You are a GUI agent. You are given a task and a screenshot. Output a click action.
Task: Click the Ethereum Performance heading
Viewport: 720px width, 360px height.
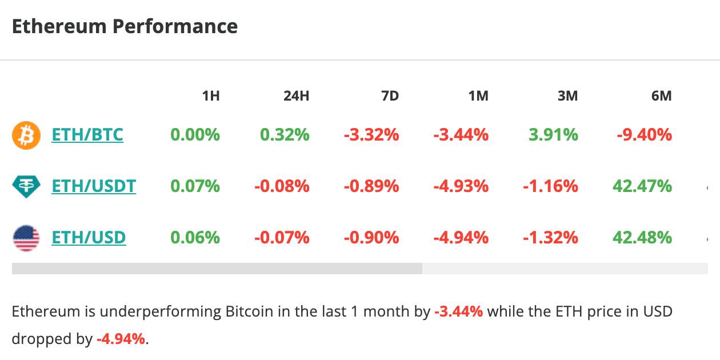click(x=125, y=27)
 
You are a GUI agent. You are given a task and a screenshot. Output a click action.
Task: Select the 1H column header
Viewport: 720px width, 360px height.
click(x=211, y=96)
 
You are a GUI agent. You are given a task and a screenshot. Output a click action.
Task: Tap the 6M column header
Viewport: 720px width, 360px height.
click(x=661, y=96)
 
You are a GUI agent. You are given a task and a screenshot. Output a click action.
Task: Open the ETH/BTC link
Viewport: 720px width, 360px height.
click(x=87, y=135)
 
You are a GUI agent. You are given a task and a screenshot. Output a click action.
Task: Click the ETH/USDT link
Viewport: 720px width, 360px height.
click(x=94, y=186)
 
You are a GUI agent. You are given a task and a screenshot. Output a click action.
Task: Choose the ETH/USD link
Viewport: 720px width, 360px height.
click(x=89, y=237)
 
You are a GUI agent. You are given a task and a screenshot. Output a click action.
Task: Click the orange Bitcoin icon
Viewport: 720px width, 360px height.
click(x=26, y=135)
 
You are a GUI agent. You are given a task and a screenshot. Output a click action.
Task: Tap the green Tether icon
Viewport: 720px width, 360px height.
click(x=26, y=186)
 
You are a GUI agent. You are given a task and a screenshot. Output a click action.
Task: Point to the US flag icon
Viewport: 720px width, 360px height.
click(x=26, y=237)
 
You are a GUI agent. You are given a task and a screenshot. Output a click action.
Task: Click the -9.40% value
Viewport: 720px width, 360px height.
click(x=644, y=135)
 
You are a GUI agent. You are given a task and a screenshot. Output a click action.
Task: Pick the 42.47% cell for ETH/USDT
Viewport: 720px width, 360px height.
click(x=642, y=186)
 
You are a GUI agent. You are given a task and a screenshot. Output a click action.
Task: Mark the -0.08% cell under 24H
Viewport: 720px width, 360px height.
click(x=281, y=186)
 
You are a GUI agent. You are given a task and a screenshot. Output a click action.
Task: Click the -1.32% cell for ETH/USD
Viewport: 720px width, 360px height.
click(x=550, y=237)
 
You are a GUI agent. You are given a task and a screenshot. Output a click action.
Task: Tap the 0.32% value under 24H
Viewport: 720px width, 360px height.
click(x=285, y=135)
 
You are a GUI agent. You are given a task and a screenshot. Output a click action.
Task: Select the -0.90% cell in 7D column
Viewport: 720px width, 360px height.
click(x=371, y=237)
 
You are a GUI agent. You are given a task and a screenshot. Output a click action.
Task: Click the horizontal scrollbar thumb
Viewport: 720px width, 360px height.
click(x=217, y=269)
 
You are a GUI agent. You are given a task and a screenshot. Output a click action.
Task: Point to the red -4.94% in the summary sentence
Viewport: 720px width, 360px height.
click(x=121, y=339)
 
